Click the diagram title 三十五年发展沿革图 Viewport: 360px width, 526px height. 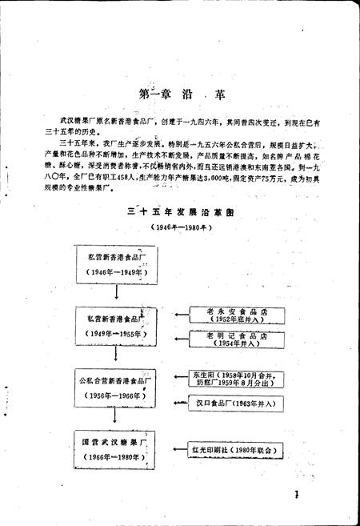pyautogui.click(x=180, y=215)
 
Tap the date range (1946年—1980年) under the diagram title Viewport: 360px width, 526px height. pyautogui.click(x=180, y=229)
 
